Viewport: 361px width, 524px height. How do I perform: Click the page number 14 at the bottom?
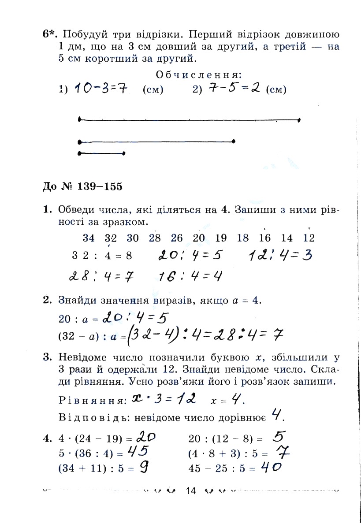pyautogui.click(x=190, y=490)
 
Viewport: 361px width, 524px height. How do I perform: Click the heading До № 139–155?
pyautogui.click(x=82, y=186)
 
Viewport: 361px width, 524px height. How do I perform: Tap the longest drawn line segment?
pyautogui.click(x=189, y=119)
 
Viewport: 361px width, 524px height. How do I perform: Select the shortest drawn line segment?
pyautogui.click(x=102, y=153)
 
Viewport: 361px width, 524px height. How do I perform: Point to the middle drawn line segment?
pyautogui.click(x=156, y=141)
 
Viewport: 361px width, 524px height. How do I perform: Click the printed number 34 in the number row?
pyautogui.click(x=89, y=238)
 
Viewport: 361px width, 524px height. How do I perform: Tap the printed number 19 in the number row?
pyautogui.click(x=221, y=238)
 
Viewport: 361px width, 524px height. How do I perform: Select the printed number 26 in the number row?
pyautogui.click(x=177, y=238)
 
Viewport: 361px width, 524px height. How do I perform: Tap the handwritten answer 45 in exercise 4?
pyautogui.click(x=138, y=451)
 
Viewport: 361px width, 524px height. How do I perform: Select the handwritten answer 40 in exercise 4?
pyautogui.click(x=271, y=467)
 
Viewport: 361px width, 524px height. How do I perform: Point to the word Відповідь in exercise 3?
pyautogui.click(x=84, y=417)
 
